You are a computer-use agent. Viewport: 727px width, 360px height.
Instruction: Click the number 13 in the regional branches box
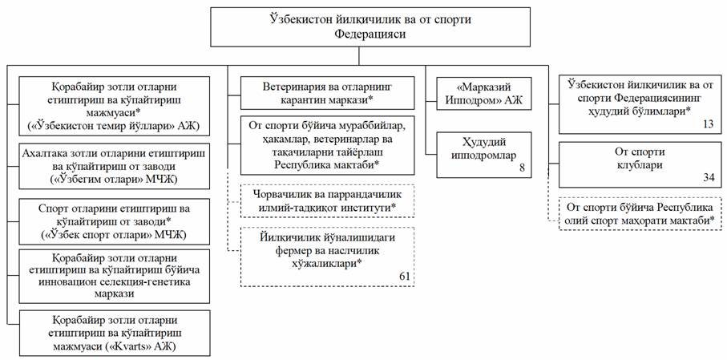click(x=708, y=123)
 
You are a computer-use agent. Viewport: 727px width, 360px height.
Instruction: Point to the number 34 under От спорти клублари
click(x=708, y=177)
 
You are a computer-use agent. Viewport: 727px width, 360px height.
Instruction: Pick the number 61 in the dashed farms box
click(x=406, y=276)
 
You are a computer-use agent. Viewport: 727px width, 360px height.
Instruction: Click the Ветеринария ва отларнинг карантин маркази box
click(x=327, y=91)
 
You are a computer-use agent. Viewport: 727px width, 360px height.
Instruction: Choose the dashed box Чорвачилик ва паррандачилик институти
click(x=327, y=200)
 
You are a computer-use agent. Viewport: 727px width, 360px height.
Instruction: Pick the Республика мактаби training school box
click(x=327, y=144)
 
